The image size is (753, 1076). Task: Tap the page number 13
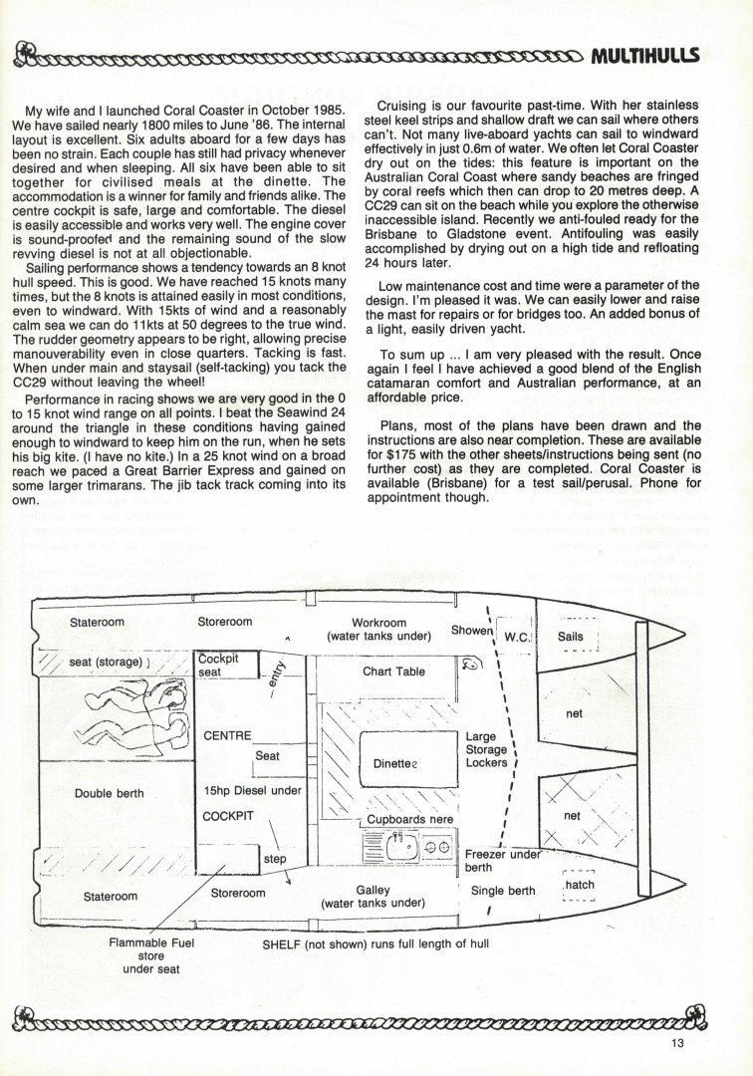[679, 1044]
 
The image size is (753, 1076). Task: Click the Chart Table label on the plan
[393, 671]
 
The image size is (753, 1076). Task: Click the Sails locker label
[570, 635]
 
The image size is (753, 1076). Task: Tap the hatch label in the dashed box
[579, 885]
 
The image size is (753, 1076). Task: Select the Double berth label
[110, 794]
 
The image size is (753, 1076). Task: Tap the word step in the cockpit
[273, 857]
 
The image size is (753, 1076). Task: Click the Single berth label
[503, 891]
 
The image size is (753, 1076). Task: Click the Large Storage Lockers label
[487, 750]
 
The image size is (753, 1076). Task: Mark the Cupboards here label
[410, 819]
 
